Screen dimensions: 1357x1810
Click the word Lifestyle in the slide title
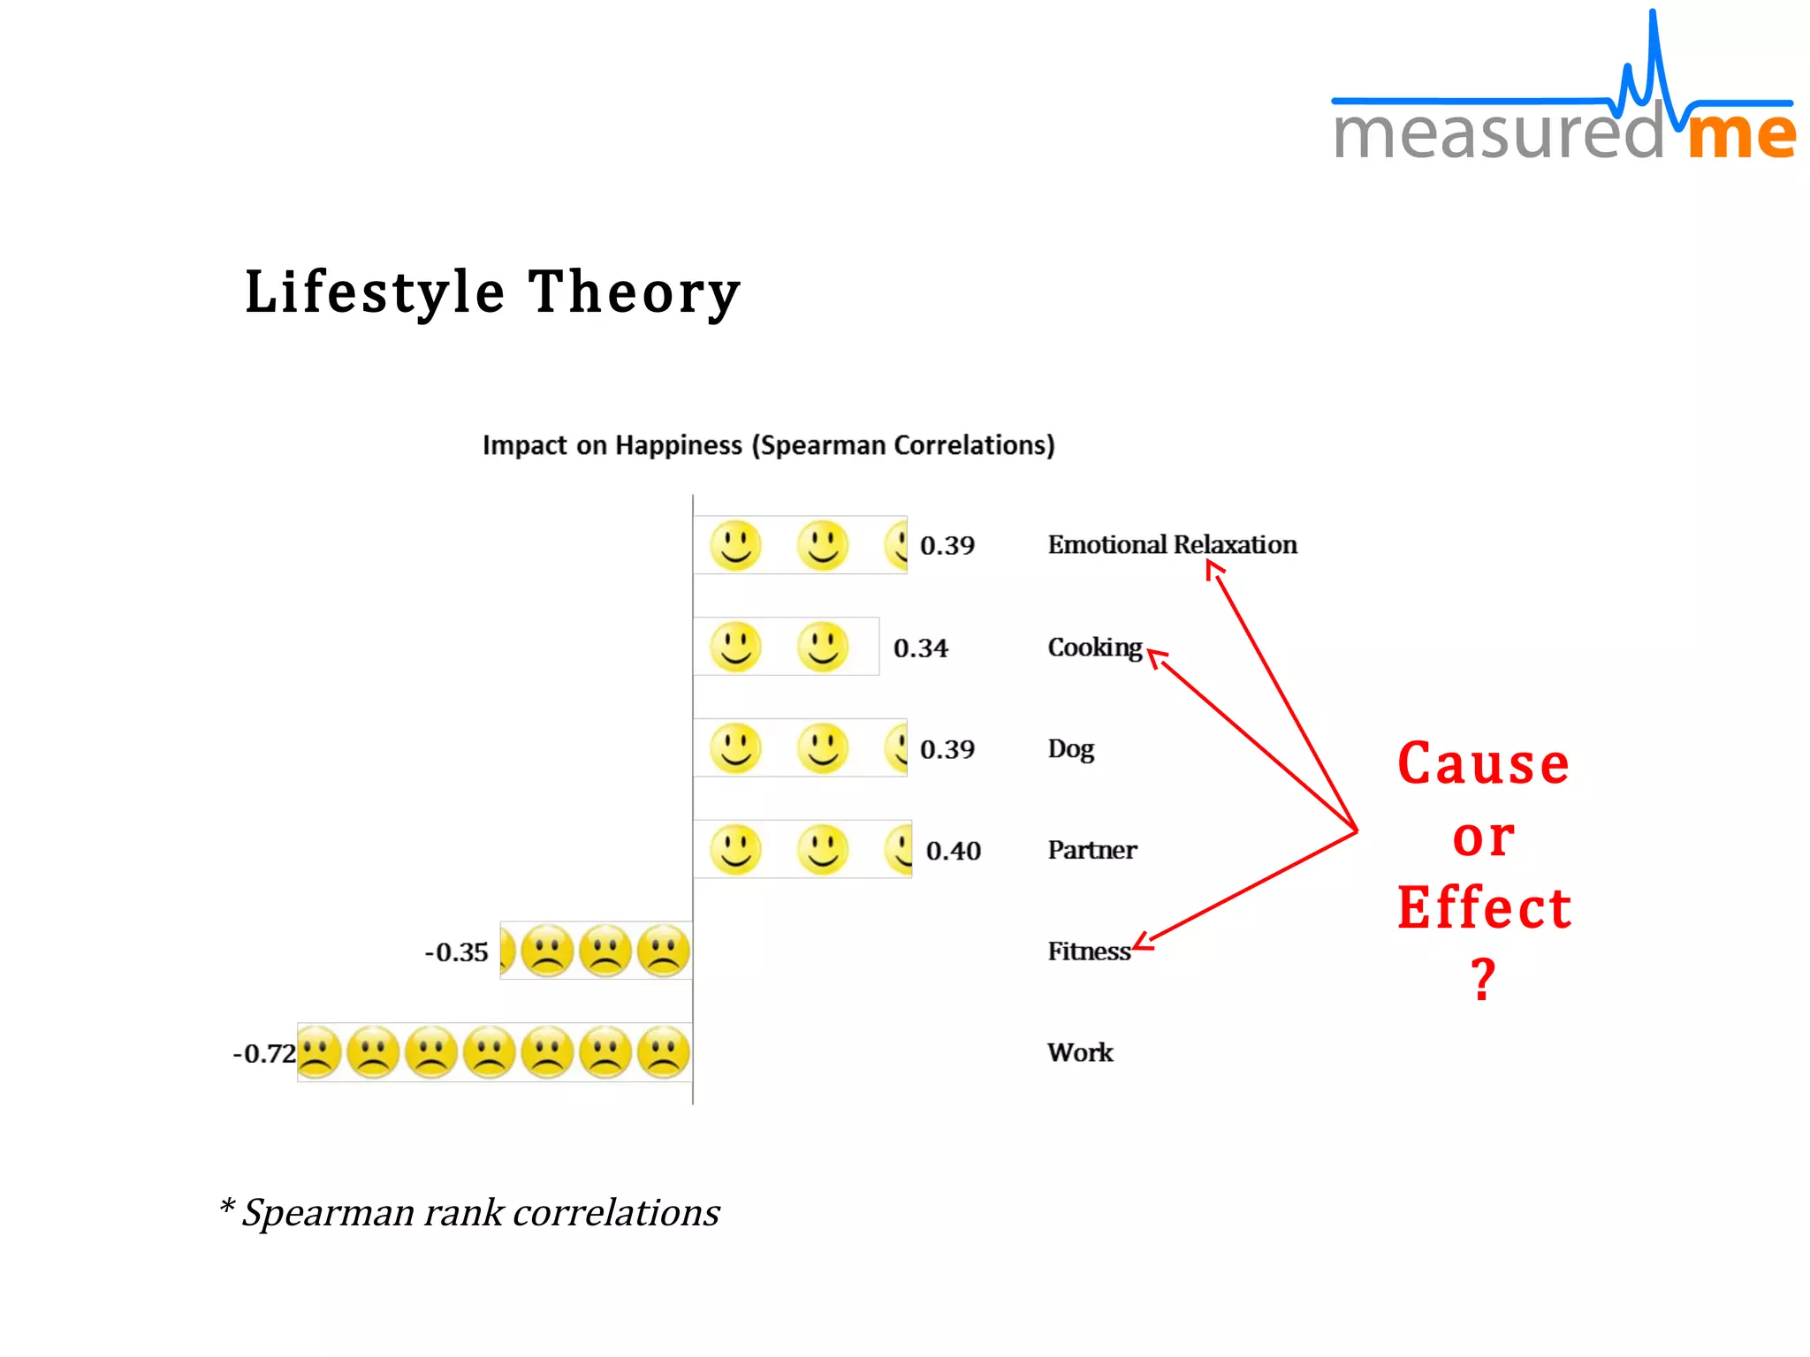(x=375, y=292)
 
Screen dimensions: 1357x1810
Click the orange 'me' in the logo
(x=1740, y=134)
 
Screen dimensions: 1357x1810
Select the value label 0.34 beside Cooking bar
(x=920, y=648)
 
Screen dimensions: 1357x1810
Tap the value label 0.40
(x=953, y=851)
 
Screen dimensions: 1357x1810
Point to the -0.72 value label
(x=263, y=1053)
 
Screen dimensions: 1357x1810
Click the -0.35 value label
(x=456, y=952)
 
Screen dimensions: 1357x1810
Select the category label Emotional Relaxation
(x=1172, y=544)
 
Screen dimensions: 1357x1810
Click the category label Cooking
(x=1094, y=648)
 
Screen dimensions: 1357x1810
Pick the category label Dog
(x=1070, y=749)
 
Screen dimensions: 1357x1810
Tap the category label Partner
(x=1091, y=850)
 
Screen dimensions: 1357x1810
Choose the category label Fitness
(x=1088, y=951)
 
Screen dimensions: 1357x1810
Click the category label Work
(x=1080, y=1052)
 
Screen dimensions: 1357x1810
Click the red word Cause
(x=1483, y=763)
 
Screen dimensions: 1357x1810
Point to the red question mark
(x=1483, y=979)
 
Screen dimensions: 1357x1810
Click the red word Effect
(x=1484, y=908)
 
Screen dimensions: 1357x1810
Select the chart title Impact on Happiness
(x=767, y=445)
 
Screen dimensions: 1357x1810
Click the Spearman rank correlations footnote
(x=470, y=1212)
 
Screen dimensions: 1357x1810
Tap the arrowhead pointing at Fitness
(x=1141, y=943)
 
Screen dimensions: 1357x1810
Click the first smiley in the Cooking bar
(x=735, y=647)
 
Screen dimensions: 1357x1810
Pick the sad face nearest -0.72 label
(x=318, y=1052)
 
